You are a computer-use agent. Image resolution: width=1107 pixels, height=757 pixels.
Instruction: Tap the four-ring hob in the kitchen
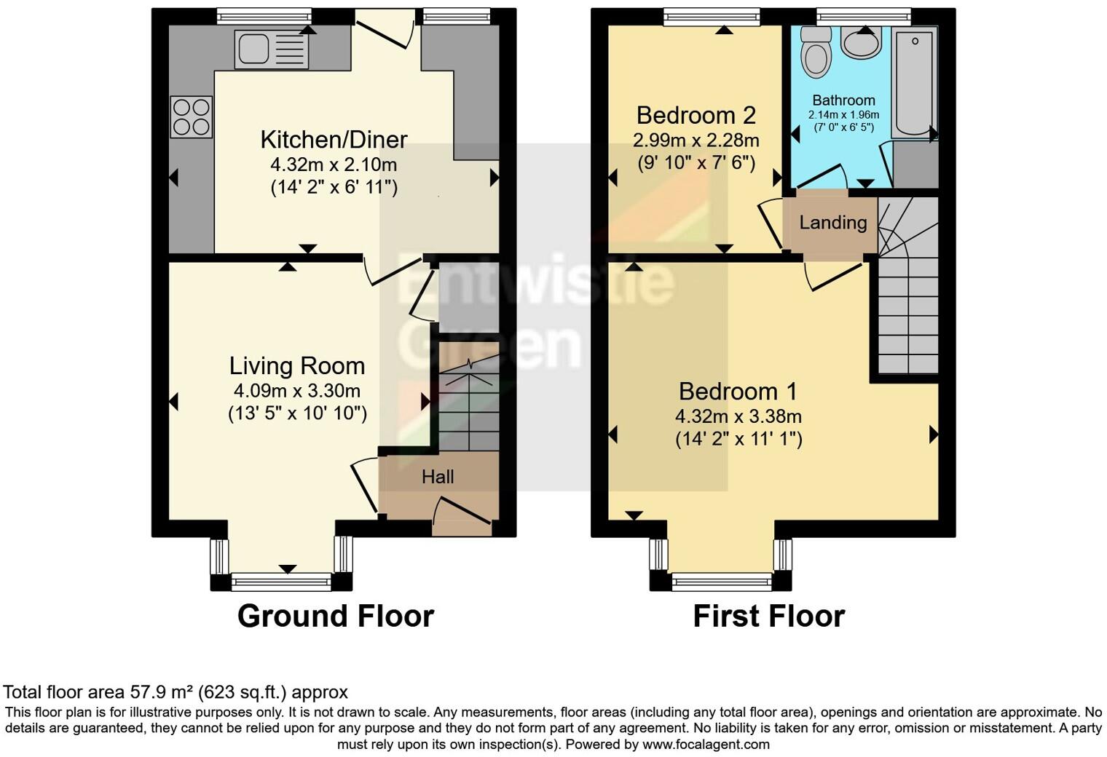192,117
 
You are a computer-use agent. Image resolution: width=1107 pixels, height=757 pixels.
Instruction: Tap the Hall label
438,477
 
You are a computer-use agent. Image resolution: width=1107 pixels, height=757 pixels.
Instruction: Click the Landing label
832,223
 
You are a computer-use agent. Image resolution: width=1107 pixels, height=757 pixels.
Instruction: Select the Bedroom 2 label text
696,115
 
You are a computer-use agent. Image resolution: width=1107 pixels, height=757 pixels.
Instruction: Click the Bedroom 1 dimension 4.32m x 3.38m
738,416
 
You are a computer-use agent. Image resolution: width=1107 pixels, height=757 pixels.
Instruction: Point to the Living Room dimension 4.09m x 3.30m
296,391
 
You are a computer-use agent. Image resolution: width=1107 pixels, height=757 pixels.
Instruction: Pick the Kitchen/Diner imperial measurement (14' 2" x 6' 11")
334,188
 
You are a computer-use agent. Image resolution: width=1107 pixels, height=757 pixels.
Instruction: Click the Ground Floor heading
336,616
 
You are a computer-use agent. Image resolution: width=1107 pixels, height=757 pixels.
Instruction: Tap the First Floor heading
768,616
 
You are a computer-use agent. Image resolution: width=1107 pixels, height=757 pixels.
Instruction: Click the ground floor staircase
468,404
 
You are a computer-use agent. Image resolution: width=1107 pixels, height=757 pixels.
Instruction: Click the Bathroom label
843,100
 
